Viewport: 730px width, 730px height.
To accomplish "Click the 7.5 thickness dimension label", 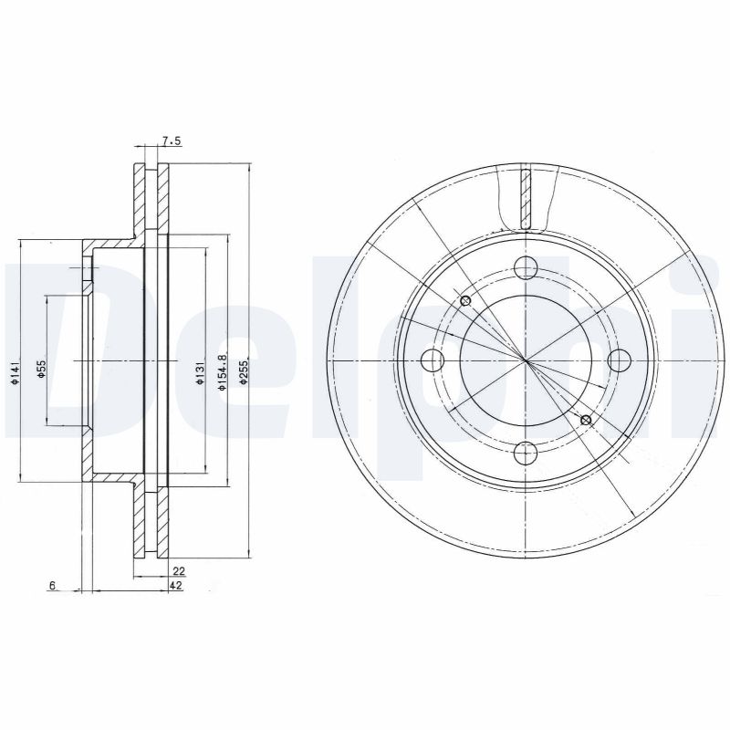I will [172, 141].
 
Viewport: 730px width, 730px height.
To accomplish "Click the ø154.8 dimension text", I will [222, 373].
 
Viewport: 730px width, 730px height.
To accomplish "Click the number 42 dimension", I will [177, 586].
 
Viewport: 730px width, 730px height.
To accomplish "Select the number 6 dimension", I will [54, 586].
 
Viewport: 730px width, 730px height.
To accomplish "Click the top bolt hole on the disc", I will [525, 267].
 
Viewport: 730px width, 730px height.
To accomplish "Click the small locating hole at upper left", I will [464, 301].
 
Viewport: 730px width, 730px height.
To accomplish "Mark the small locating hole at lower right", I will [586, 420].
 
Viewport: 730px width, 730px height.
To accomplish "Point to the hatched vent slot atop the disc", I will [525, 198].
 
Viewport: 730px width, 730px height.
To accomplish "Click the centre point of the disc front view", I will [525, 360].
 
